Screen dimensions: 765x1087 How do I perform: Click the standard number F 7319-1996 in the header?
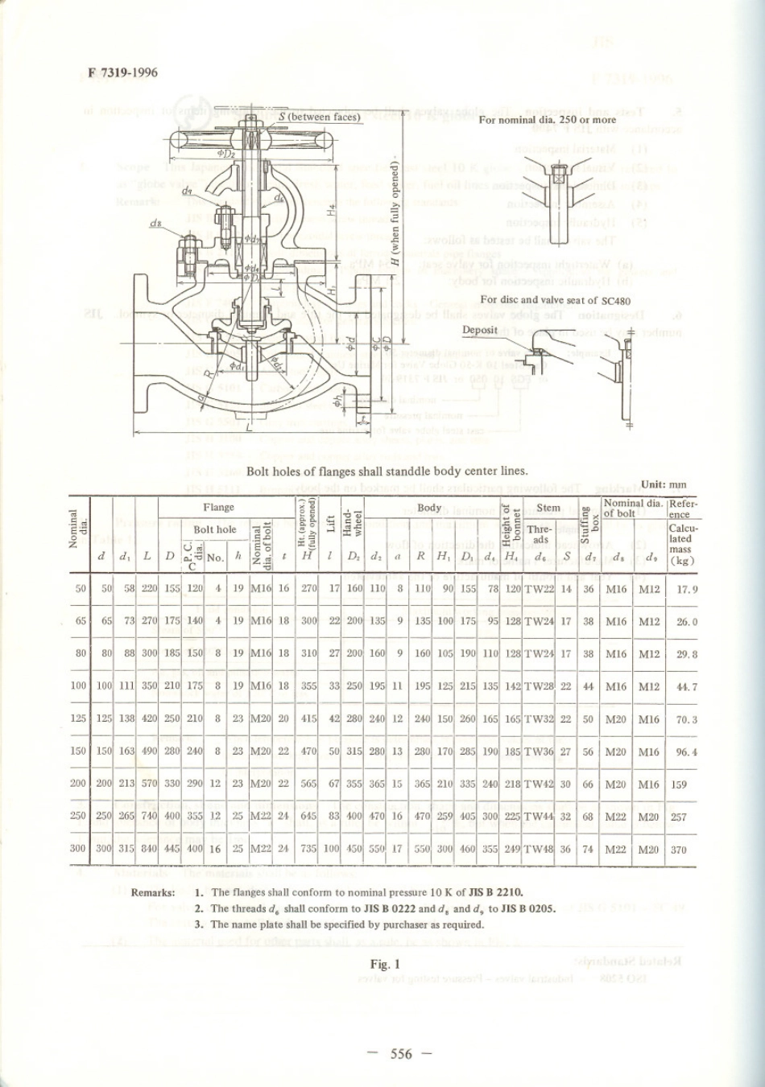[123, 73]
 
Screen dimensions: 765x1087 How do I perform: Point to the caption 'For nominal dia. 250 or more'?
[548, 120]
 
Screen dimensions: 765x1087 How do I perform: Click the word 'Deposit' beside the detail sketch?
[480, 329]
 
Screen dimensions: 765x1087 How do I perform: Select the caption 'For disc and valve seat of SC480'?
[555, 299]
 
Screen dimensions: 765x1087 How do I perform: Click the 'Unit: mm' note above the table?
[664, 484]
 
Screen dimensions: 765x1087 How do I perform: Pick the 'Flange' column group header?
[218, 507]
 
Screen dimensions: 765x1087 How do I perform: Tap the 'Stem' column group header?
[548, 508]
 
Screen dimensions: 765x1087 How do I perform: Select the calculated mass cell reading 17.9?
[686, 588]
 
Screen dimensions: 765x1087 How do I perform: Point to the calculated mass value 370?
[679, 849]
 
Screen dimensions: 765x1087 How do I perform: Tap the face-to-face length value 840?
[149, 849]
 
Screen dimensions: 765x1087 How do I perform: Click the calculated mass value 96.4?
[686, 751]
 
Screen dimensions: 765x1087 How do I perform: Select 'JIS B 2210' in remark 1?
[495, 892]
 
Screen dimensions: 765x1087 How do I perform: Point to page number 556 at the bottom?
[401, 1054]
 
